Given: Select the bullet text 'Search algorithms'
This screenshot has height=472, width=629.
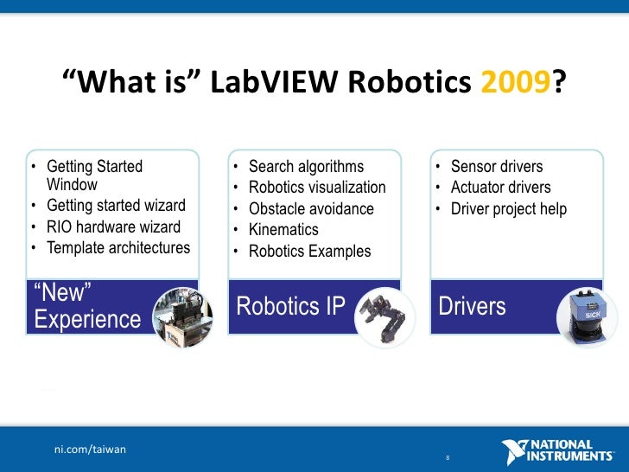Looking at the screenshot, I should tap(306, 167).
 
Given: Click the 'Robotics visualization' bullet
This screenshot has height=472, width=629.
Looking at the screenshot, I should tap(317, 188).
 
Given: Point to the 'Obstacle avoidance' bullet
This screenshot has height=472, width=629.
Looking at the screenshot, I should tap(311, 209).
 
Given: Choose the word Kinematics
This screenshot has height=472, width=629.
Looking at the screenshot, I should tap(283, 230).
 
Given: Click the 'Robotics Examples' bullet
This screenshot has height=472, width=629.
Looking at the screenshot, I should tap(309, 252).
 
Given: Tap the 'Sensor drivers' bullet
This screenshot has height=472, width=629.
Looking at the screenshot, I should tap(497, 167).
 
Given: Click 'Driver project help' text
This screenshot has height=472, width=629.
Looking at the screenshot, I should tap(509, 209).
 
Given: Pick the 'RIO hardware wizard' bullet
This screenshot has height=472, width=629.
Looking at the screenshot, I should tap(113, 227).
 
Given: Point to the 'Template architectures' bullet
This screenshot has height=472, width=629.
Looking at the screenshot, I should tap(118, 248).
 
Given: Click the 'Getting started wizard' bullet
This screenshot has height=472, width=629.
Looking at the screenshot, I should tap(116, 206).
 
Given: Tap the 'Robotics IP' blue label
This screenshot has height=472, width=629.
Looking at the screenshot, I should tap(290, 307).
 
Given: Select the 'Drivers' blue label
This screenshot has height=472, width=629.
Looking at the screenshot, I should tap(472, 307).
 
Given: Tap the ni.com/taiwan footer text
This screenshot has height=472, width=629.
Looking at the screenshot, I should tap(90, 449).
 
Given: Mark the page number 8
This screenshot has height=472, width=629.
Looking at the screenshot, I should tap(448, 457).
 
